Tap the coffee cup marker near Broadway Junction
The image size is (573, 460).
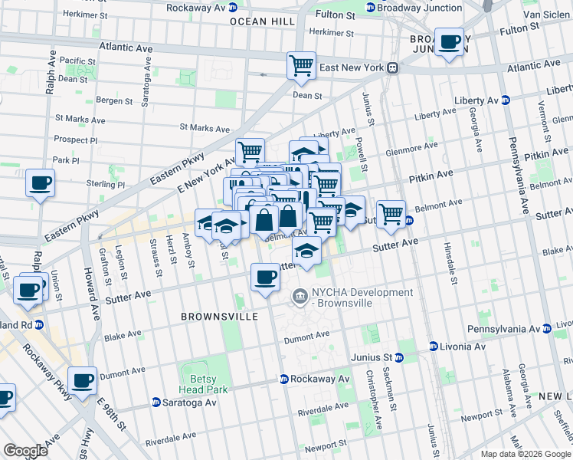coord(450,42)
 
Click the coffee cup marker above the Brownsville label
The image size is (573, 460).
coord(266,277)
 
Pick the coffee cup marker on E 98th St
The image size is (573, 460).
coord(82,380)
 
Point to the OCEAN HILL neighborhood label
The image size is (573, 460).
coord(263,22)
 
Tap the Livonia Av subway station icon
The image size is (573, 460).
coord(434,347)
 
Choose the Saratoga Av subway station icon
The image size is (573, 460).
coord(156,402)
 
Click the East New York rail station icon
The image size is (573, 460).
coord(391,67)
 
